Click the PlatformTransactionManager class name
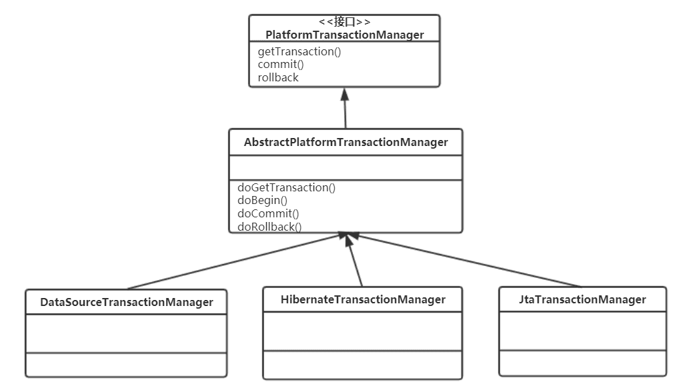[345, 35]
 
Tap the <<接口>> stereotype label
[345, 21]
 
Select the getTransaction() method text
[299, 51]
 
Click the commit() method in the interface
[281, 64]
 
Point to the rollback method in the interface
[278, 77]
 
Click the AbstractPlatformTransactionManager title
[346, 142]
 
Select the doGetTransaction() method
[286, 187]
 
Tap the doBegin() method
[263, 201]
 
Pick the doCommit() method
[268, 213]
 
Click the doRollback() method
[269, 227]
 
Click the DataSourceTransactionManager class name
[127, 302]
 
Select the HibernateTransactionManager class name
[363, 299]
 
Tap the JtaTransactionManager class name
[582, 299]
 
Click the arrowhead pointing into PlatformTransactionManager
[345, 94]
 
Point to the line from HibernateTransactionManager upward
[354, 260]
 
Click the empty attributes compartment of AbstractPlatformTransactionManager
[346, 167]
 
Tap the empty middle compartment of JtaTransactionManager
[582, 331]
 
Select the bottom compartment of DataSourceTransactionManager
[127, 364]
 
